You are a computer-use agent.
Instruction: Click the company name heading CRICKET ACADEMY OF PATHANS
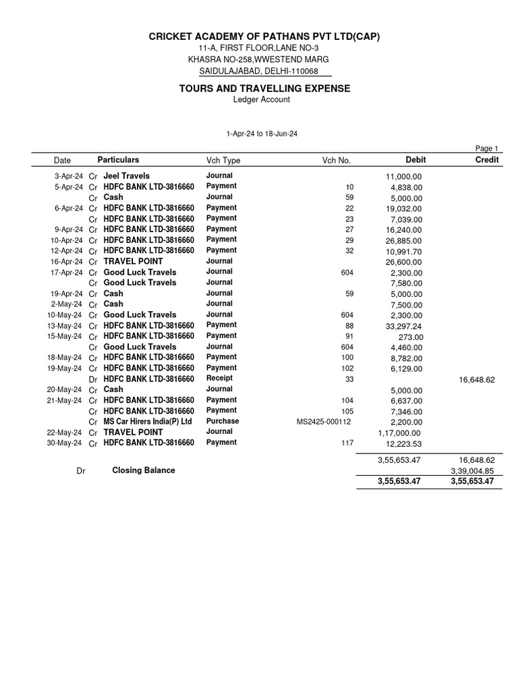(260, 36)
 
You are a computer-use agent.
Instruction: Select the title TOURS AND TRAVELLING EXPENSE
(264, 88)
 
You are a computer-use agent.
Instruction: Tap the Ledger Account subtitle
(261, 100)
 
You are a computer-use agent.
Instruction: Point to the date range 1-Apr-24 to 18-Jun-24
(262, 134)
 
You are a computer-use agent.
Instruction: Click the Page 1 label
(486, 148)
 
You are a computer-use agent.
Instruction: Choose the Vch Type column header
(223, 161)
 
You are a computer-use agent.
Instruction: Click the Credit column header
(486, 160)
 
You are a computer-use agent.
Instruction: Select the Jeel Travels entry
(126, 175)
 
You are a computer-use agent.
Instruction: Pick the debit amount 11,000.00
(403, 177)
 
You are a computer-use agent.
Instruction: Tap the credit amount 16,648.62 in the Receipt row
(476, 380)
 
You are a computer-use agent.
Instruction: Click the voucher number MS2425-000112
(325, 422)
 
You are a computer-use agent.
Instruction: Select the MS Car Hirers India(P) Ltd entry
(148, 421)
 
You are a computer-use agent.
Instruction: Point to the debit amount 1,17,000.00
(399, 433)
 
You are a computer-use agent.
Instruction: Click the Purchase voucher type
(223, 421)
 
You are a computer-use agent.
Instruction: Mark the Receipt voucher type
(219, 379)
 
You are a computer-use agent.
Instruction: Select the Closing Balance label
(143, 470)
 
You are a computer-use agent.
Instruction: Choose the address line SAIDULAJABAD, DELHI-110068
(258, 72)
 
